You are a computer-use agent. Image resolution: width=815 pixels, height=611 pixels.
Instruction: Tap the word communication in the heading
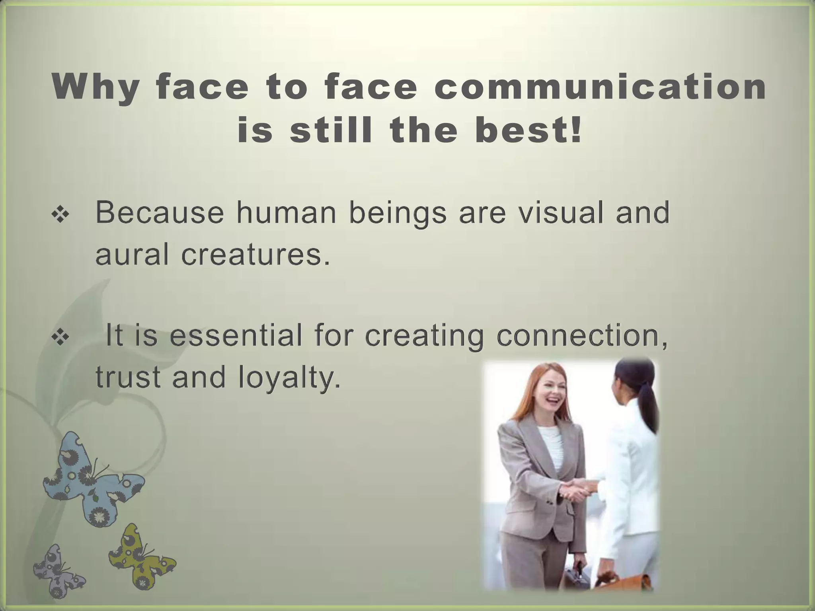[600, 87]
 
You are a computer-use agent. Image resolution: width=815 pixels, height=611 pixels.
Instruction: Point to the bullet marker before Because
[60, 215]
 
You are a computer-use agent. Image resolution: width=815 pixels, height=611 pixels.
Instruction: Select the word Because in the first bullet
[160, 213]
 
